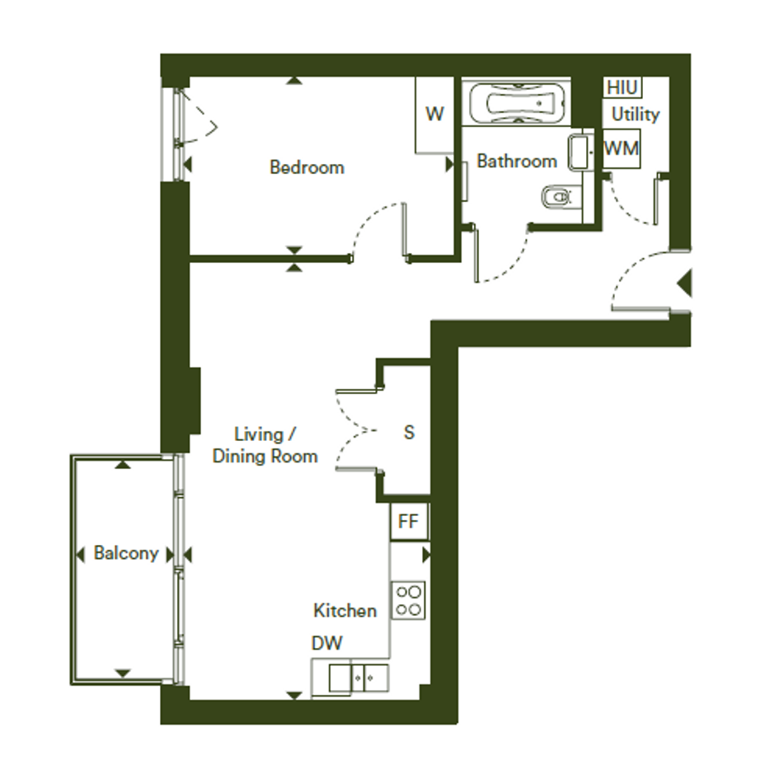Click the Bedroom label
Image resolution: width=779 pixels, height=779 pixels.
(x=307, y=167)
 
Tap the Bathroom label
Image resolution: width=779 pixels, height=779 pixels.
(x=517, y=161)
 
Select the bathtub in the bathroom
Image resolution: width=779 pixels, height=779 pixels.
(x=517, y=103)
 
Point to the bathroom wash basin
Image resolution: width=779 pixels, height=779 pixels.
(x=580, y=151)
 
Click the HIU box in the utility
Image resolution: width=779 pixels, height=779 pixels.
(x=622, y=87)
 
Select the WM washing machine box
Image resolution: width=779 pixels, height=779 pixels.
(x=621, y=148)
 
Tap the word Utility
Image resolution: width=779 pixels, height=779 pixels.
(x=636, y=115)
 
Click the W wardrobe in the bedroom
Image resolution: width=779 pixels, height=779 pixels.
(x=434, y=115)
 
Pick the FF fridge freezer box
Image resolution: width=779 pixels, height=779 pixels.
(x=408, y=521)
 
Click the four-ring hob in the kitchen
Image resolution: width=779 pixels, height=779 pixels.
(x=408, y=600)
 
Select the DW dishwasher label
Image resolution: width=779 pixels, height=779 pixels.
(x=327, y=643)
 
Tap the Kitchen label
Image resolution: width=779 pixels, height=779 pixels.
(x=345, y=611)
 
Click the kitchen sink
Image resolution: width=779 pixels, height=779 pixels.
(x=359, y=678)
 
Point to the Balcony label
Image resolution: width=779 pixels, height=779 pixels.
(x=126, y=553)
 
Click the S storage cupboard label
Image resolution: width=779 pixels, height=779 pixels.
(x=409, y=433)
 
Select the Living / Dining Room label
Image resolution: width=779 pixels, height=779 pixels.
(x=265, y=445)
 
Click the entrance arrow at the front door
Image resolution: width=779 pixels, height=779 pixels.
(x=684, y=284)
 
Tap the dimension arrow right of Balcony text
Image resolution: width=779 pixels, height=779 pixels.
(x=170, y=555)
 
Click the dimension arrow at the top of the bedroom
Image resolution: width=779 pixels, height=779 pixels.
(x=294, y=80)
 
